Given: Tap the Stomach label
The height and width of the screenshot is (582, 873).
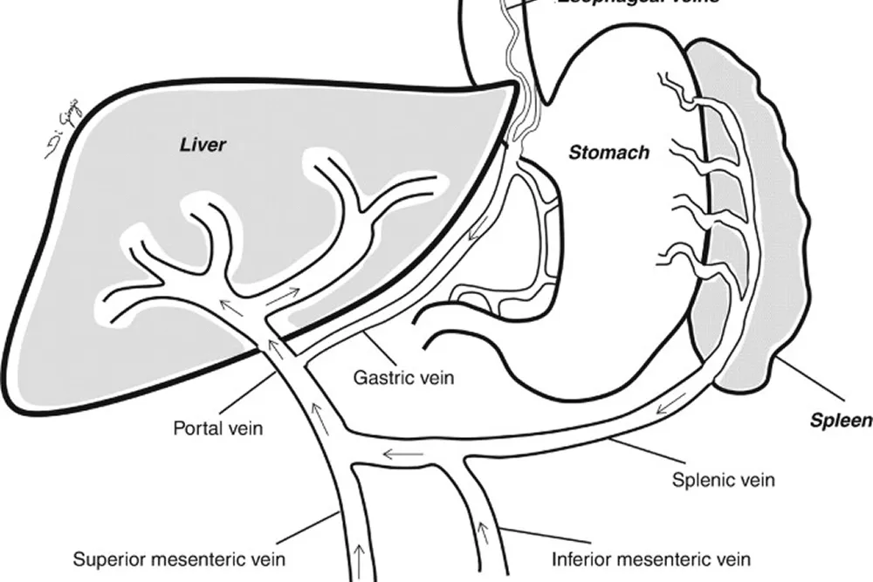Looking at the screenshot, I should click(609, 153).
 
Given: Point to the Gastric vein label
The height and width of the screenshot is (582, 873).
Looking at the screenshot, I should click(404, 379).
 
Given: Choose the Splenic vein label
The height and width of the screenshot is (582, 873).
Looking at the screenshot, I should click(724, 479).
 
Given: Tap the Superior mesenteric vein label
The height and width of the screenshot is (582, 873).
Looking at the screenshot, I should click(179, 558).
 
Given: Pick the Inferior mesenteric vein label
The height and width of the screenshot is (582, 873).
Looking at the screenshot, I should click(651, 558).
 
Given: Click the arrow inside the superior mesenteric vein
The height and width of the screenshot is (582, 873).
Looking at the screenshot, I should click(361, 556).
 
